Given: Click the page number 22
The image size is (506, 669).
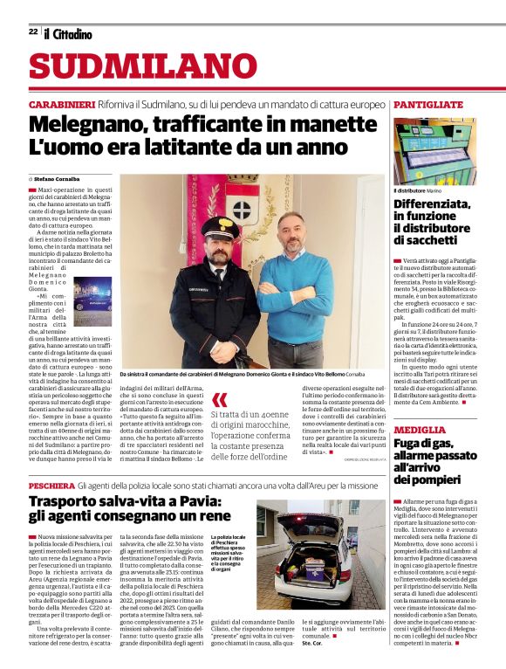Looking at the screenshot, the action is (x=32, y=31).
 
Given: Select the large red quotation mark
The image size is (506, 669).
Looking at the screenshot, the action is (x=219, y=401).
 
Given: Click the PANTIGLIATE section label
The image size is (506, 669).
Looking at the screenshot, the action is (x=428, y=104).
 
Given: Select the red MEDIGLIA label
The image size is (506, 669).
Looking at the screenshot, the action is (x=421, y=431).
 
